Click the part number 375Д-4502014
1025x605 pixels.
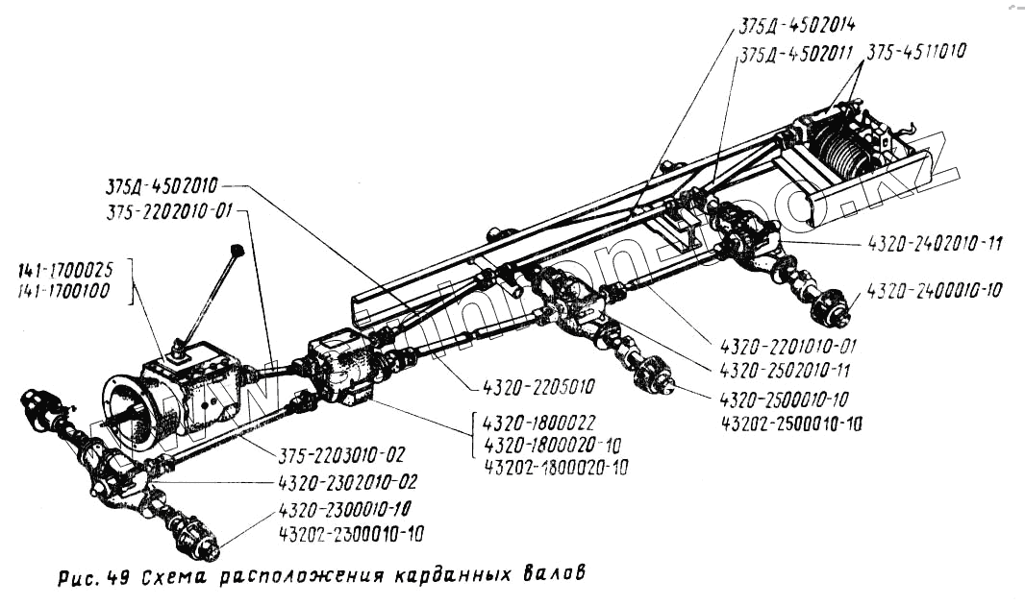pyautogui.click(x=799, y=24)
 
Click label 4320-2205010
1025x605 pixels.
pyautogui.click(x=533, y=387)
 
